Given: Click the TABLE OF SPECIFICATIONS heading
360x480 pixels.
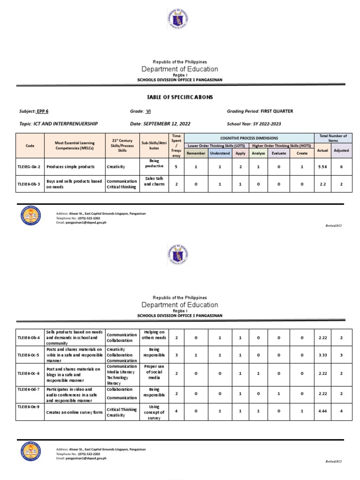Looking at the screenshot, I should [x=180, y=97].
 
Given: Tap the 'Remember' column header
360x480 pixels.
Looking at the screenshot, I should [x=196, y=153].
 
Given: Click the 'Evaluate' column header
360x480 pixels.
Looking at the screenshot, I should [x=278, y=153].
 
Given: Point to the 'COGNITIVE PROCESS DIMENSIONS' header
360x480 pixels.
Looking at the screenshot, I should [x=249, y=138].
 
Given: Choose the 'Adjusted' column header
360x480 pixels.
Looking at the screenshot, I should [x=341, y=150].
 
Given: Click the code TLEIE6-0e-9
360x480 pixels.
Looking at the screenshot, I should [x=30, y=407].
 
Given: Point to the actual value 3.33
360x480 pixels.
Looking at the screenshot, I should [x=322, y=355].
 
